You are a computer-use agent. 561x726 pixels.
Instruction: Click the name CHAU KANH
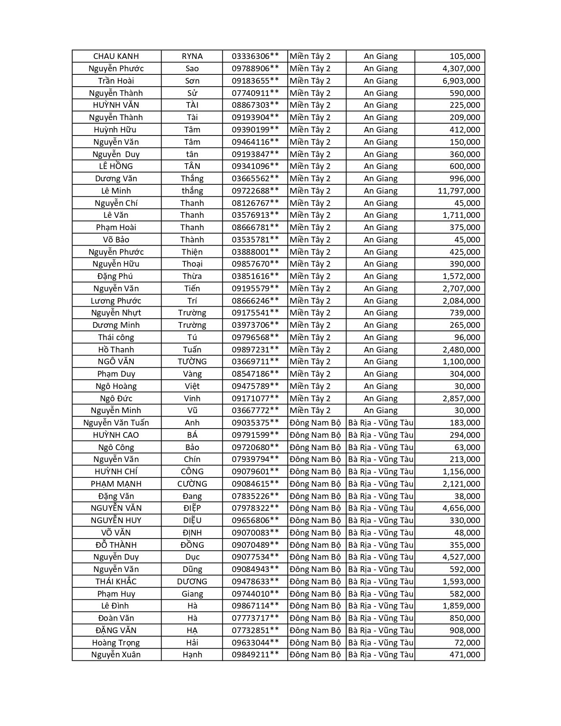[116, 56]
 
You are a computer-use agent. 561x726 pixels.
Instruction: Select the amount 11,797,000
[459, 191]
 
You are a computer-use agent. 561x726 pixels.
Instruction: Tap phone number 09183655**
[255, 81]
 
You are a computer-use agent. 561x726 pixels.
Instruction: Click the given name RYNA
[192, 56]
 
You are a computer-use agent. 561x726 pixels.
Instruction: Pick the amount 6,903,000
[461, 81]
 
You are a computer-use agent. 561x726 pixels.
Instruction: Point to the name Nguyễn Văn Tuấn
[116, 423]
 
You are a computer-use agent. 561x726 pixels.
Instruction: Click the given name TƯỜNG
[192, 362]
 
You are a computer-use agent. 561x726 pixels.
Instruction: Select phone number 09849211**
[255, 655]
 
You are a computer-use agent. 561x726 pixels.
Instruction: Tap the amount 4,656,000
[461, 508]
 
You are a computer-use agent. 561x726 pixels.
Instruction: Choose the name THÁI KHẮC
[116, 582]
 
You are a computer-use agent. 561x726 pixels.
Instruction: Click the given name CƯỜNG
[192, 484]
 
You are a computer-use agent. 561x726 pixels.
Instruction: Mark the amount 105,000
[465, 56]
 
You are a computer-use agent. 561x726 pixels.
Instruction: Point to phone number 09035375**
[255, 423]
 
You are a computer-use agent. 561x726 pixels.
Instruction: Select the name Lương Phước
[116, 301]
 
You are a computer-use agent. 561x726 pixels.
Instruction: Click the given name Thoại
[192, 264]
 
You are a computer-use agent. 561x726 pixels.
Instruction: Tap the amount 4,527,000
[461, 557]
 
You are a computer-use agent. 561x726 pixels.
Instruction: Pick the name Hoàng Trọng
[116, 643]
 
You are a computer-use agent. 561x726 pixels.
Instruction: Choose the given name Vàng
[192, 374]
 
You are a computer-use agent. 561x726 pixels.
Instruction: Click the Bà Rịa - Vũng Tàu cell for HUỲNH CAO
[381, 435]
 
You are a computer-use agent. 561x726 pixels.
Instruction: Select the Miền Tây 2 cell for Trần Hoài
[310, 81]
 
